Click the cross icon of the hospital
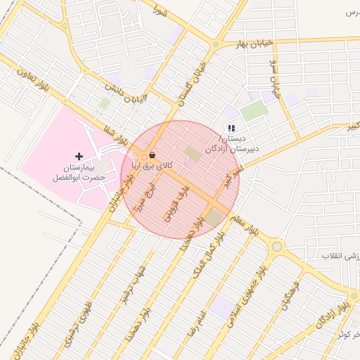coord(79,156)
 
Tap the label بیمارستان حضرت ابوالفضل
coord(79,173)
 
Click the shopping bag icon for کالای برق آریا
coord(153,155)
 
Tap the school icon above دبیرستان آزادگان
coord(231,128)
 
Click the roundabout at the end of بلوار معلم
coord(276,246)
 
